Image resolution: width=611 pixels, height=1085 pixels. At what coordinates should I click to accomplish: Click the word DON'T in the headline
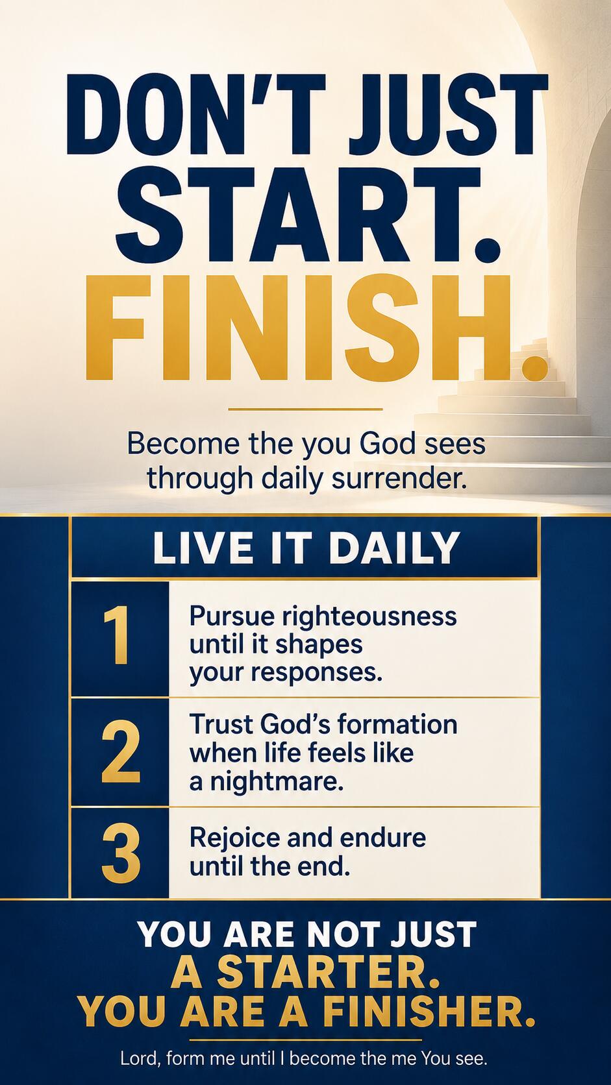193,114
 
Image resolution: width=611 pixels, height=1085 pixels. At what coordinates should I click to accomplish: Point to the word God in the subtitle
383,443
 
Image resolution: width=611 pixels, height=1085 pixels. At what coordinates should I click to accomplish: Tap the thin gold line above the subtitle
305,409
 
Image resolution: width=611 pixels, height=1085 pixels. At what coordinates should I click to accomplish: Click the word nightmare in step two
277,782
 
